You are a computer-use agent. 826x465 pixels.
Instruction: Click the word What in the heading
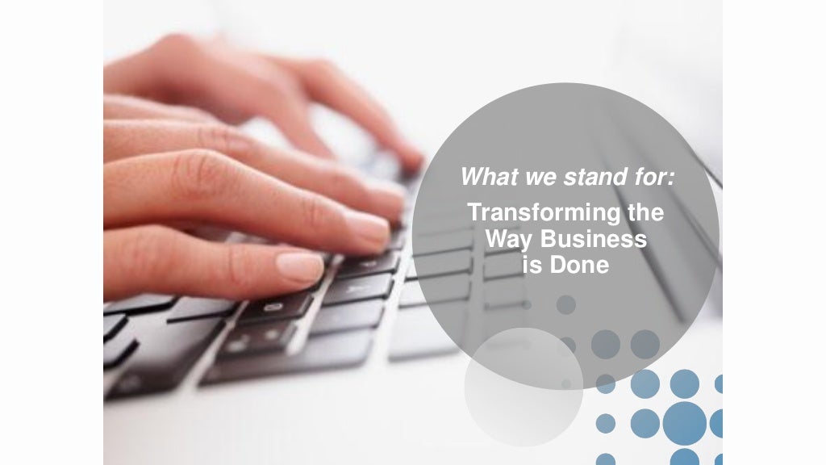483,175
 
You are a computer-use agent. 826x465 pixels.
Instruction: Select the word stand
578,175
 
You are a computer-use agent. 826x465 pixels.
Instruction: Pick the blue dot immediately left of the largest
645,422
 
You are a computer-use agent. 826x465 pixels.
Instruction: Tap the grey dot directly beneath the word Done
566,304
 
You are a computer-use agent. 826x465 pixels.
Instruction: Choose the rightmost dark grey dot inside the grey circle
645,345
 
